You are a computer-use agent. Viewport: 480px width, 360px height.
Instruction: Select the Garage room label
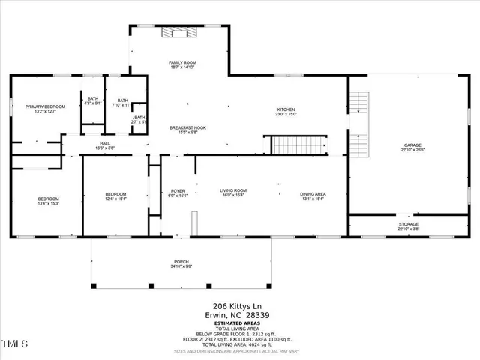413,146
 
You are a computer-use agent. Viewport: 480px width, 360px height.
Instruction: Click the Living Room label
233,193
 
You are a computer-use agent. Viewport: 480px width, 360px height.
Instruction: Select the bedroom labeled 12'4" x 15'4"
115,196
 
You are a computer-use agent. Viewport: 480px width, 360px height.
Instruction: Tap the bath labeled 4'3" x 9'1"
93,101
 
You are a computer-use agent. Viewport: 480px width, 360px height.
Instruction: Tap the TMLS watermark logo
15,344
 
